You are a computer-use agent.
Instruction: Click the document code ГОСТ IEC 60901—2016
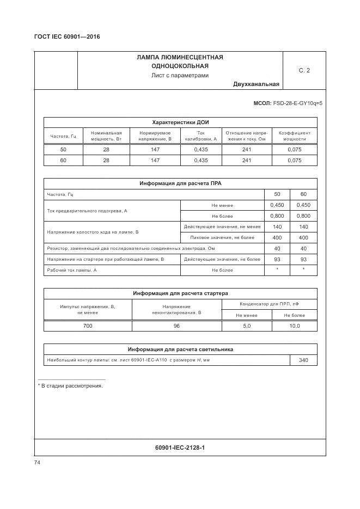pyautogui.click(x=67, y=37)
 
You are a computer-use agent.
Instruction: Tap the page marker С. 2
pyautogui.click(x=304, y=70)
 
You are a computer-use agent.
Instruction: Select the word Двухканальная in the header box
pyautogui.click(x=256, y=84)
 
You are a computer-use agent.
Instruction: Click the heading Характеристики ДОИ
pyautogui.click(x=180, y=122)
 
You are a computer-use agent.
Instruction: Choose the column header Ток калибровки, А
pyautogui.click(x=200, y=136)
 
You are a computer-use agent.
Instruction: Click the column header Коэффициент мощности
pyautogui.click(x=294, y=136)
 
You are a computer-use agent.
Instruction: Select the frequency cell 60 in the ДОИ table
pyautogui.click(x=63, y=160)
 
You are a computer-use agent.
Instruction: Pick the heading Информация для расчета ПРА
pyautogui.click(x=180, y=183)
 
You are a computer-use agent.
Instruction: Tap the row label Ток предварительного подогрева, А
pyautogui.click(x=87, y=210)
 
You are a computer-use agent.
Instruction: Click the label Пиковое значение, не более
pyautogui.click(x=222, y=237)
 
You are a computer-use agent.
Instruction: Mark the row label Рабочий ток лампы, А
pyautogui.click(x=72, y=270)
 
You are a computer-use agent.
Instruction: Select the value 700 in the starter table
pyautogui.click(x=88, y=326)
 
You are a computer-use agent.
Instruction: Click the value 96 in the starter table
pyautogui.click(x=176, y=326)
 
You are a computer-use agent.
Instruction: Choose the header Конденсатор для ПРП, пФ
pyautogui.click(x=269, y=304)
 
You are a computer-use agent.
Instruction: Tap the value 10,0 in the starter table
pyautogui.click(x=294, y=326)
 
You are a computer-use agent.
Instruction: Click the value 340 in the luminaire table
pyautogui.click(x=303, y=360)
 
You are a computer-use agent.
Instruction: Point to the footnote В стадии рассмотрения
pyautogui.click(x=70, y=386)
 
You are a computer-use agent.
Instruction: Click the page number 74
pyautogui.click(x=38, y=462)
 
